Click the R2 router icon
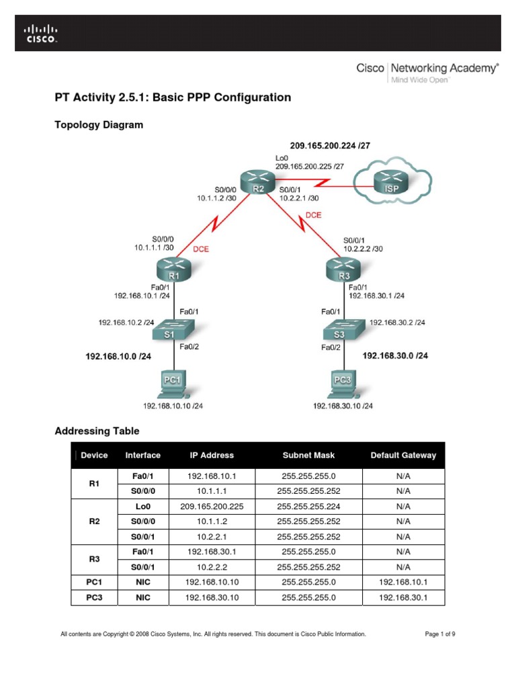(x=259, y=182)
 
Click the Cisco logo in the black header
(x=42, y=33)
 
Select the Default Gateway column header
(x=403, y=455)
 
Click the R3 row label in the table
(x=94, y=559)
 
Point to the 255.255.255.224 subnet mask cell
(x=308, y=506)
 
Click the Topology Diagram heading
(x=98, y=125)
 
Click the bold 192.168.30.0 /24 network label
(x=395, y=355)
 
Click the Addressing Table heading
(x=97, y=431)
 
